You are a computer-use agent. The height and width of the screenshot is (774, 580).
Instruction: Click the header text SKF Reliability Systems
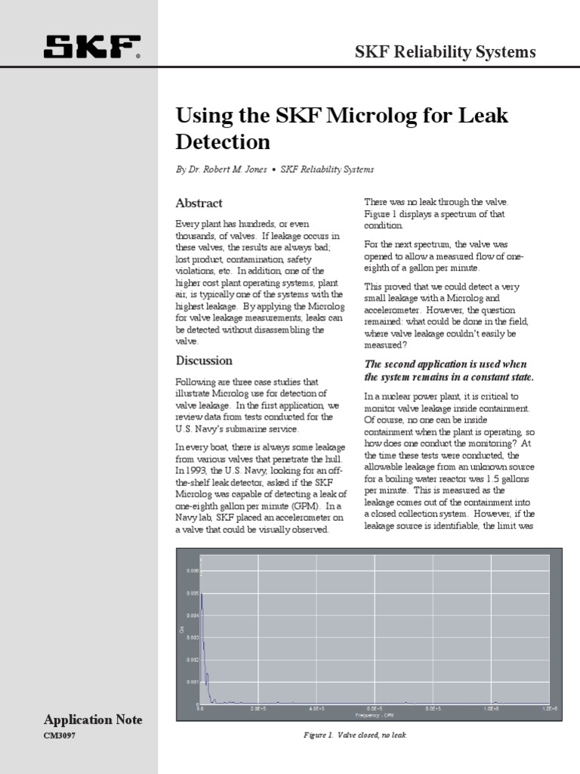click(x=445, y=52)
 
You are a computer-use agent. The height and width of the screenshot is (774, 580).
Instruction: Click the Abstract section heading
click(x=199, y=203)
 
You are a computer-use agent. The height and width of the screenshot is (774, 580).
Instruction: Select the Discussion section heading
click(x=204, y=361)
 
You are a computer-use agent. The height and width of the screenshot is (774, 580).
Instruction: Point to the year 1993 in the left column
click(x=190, y=470)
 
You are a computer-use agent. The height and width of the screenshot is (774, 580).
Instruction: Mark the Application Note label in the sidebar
click(x=93, y=720)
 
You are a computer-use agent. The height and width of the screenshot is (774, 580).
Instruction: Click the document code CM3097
click(x=60, y=735)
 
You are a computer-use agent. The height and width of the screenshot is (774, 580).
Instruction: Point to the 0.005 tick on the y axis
click(x=192, y=593)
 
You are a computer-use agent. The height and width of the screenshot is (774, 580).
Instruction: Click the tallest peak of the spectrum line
click(x=201, y=594)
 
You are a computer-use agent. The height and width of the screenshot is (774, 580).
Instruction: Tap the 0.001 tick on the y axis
click(x=192, y=682)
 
